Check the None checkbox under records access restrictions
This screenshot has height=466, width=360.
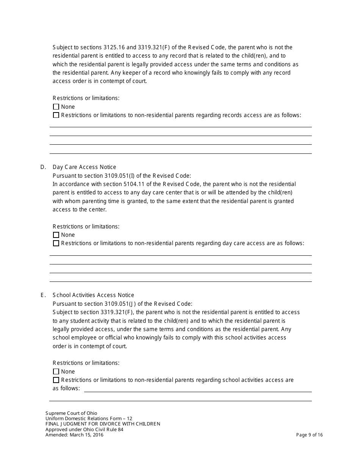[x=56, y=107]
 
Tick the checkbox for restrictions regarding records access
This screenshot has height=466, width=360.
[x=56, y=115]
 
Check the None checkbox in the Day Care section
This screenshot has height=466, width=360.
[x=56, y=235]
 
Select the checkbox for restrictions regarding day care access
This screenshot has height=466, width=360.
[x=56, y=243]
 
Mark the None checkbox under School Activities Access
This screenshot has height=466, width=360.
[x=56, y=372]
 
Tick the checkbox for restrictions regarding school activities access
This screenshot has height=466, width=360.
[x=56, y=380]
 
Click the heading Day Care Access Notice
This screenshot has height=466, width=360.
[x=85, y=167]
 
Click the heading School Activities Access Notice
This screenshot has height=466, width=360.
[x=93, y=295]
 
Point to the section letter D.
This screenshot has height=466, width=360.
[x=43, y=167]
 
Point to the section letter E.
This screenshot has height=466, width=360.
[x=43, y=295]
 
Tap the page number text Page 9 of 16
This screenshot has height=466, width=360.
[x=309, y=435]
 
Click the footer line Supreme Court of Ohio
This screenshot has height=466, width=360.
[x=71, y=413]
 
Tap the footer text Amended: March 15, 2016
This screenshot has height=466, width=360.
[x=74, y=435]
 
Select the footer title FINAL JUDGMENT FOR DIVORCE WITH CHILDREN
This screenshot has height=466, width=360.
[x=103, y=424]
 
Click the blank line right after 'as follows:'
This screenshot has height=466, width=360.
[x=197, y=389]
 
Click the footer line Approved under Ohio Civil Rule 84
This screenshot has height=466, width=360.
[x=84, y=429]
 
